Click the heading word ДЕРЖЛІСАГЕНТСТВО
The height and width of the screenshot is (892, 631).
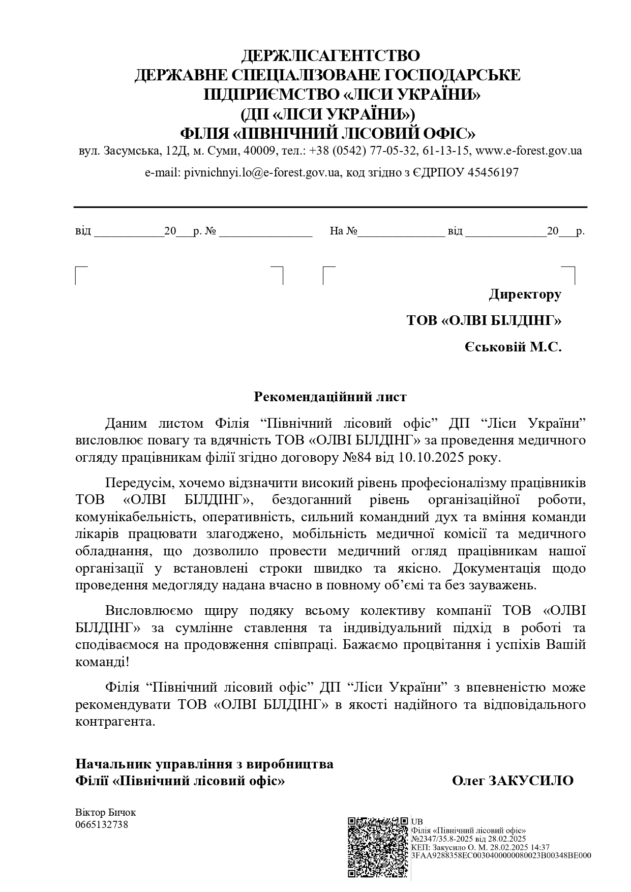[x=330, y=55]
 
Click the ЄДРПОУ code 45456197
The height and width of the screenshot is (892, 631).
[x=493, y=172]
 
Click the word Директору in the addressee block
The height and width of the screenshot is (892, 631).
[x=525, y=294]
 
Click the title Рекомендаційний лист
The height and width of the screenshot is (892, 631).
[x=330, y=397]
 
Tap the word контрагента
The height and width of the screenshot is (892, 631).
[x=114, y=722]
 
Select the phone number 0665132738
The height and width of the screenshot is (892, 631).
[x=102, y=824]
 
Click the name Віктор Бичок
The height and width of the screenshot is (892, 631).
[x=105, y=813]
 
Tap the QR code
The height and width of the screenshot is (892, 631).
[x=378, y=847]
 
